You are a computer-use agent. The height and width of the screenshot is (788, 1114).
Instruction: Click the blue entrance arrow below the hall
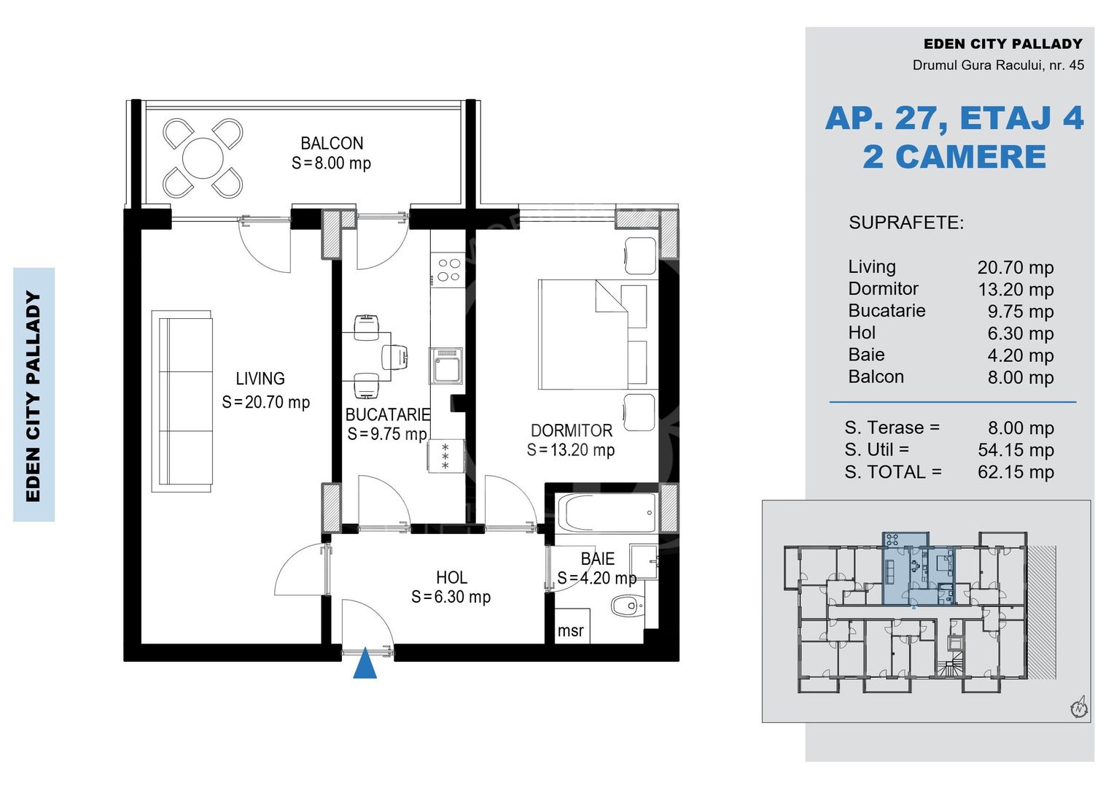click(365, 663)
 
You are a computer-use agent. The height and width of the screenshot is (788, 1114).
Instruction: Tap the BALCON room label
click(332, 143)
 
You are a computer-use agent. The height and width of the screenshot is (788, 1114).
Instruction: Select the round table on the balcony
click(203, 158)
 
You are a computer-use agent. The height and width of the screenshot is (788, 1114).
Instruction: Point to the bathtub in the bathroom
click(607, 513)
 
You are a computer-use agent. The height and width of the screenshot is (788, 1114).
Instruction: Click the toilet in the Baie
click(628, 606)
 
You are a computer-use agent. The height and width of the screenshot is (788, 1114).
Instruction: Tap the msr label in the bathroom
click(570, 630)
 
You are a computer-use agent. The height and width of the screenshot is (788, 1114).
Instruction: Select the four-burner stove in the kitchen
click(448, 269)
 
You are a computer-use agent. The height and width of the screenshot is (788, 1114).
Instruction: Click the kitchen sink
click(446, 366)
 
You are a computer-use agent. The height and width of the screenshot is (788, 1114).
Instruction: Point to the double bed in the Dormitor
click(593, 334)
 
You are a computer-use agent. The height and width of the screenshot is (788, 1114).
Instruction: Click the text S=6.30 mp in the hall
click(451, 596)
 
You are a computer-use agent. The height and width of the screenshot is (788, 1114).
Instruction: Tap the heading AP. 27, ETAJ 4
click(954, 118)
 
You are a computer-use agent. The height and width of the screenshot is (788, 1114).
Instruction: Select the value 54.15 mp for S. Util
click(1016, 450)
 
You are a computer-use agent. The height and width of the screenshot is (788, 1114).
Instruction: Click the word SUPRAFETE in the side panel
click(906, 223)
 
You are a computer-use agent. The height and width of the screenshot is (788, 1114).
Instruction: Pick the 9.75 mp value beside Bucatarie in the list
click(1020, 311)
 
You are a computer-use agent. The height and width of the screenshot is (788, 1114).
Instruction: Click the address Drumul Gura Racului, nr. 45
click(998, 65)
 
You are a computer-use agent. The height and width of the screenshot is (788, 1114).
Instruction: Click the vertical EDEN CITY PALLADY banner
click(34, 395)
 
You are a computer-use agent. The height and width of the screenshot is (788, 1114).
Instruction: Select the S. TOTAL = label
click(893, 472)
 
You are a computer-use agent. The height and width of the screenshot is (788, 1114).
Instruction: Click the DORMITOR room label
click(572, 430)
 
